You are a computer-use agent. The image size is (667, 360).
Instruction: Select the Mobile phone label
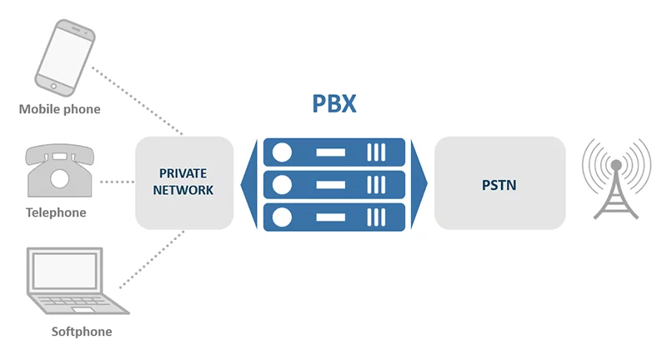click(x=59, y=109)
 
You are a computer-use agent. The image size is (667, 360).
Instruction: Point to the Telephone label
click(x=56, y=212)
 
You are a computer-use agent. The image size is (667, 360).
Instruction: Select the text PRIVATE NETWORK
click(x=184, y=182)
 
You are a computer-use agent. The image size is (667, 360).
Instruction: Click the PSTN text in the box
click(x=499, y=183)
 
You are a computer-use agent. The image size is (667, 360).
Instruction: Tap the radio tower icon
click(x=616, y=178)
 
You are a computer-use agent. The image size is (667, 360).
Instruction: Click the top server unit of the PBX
click(x=333, y=152)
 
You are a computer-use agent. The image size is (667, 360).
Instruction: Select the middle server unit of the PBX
click(x=333, y=183)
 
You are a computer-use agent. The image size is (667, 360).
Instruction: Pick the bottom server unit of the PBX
click(x=333, y=216)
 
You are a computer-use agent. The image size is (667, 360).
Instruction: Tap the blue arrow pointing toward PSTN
click(x=419, y=183)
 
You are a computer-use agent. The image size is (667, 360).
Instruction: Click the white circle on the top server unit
click(x=282, y=152)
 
